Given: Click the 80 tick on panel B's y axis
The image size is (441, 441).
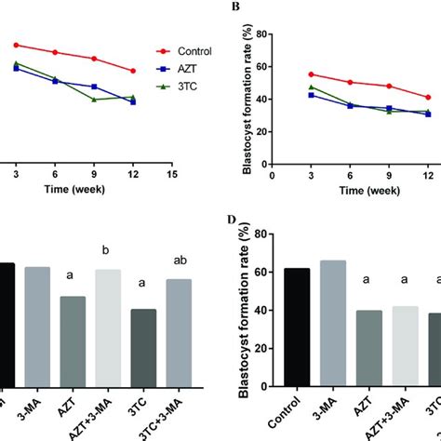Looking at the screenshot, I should pos(261,34).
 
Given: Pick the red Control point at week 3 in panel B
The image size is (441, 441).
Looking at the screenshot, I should pos(311,74).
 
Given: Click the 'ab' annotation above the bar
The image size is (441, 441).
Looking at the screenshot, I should pos(177,261).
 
